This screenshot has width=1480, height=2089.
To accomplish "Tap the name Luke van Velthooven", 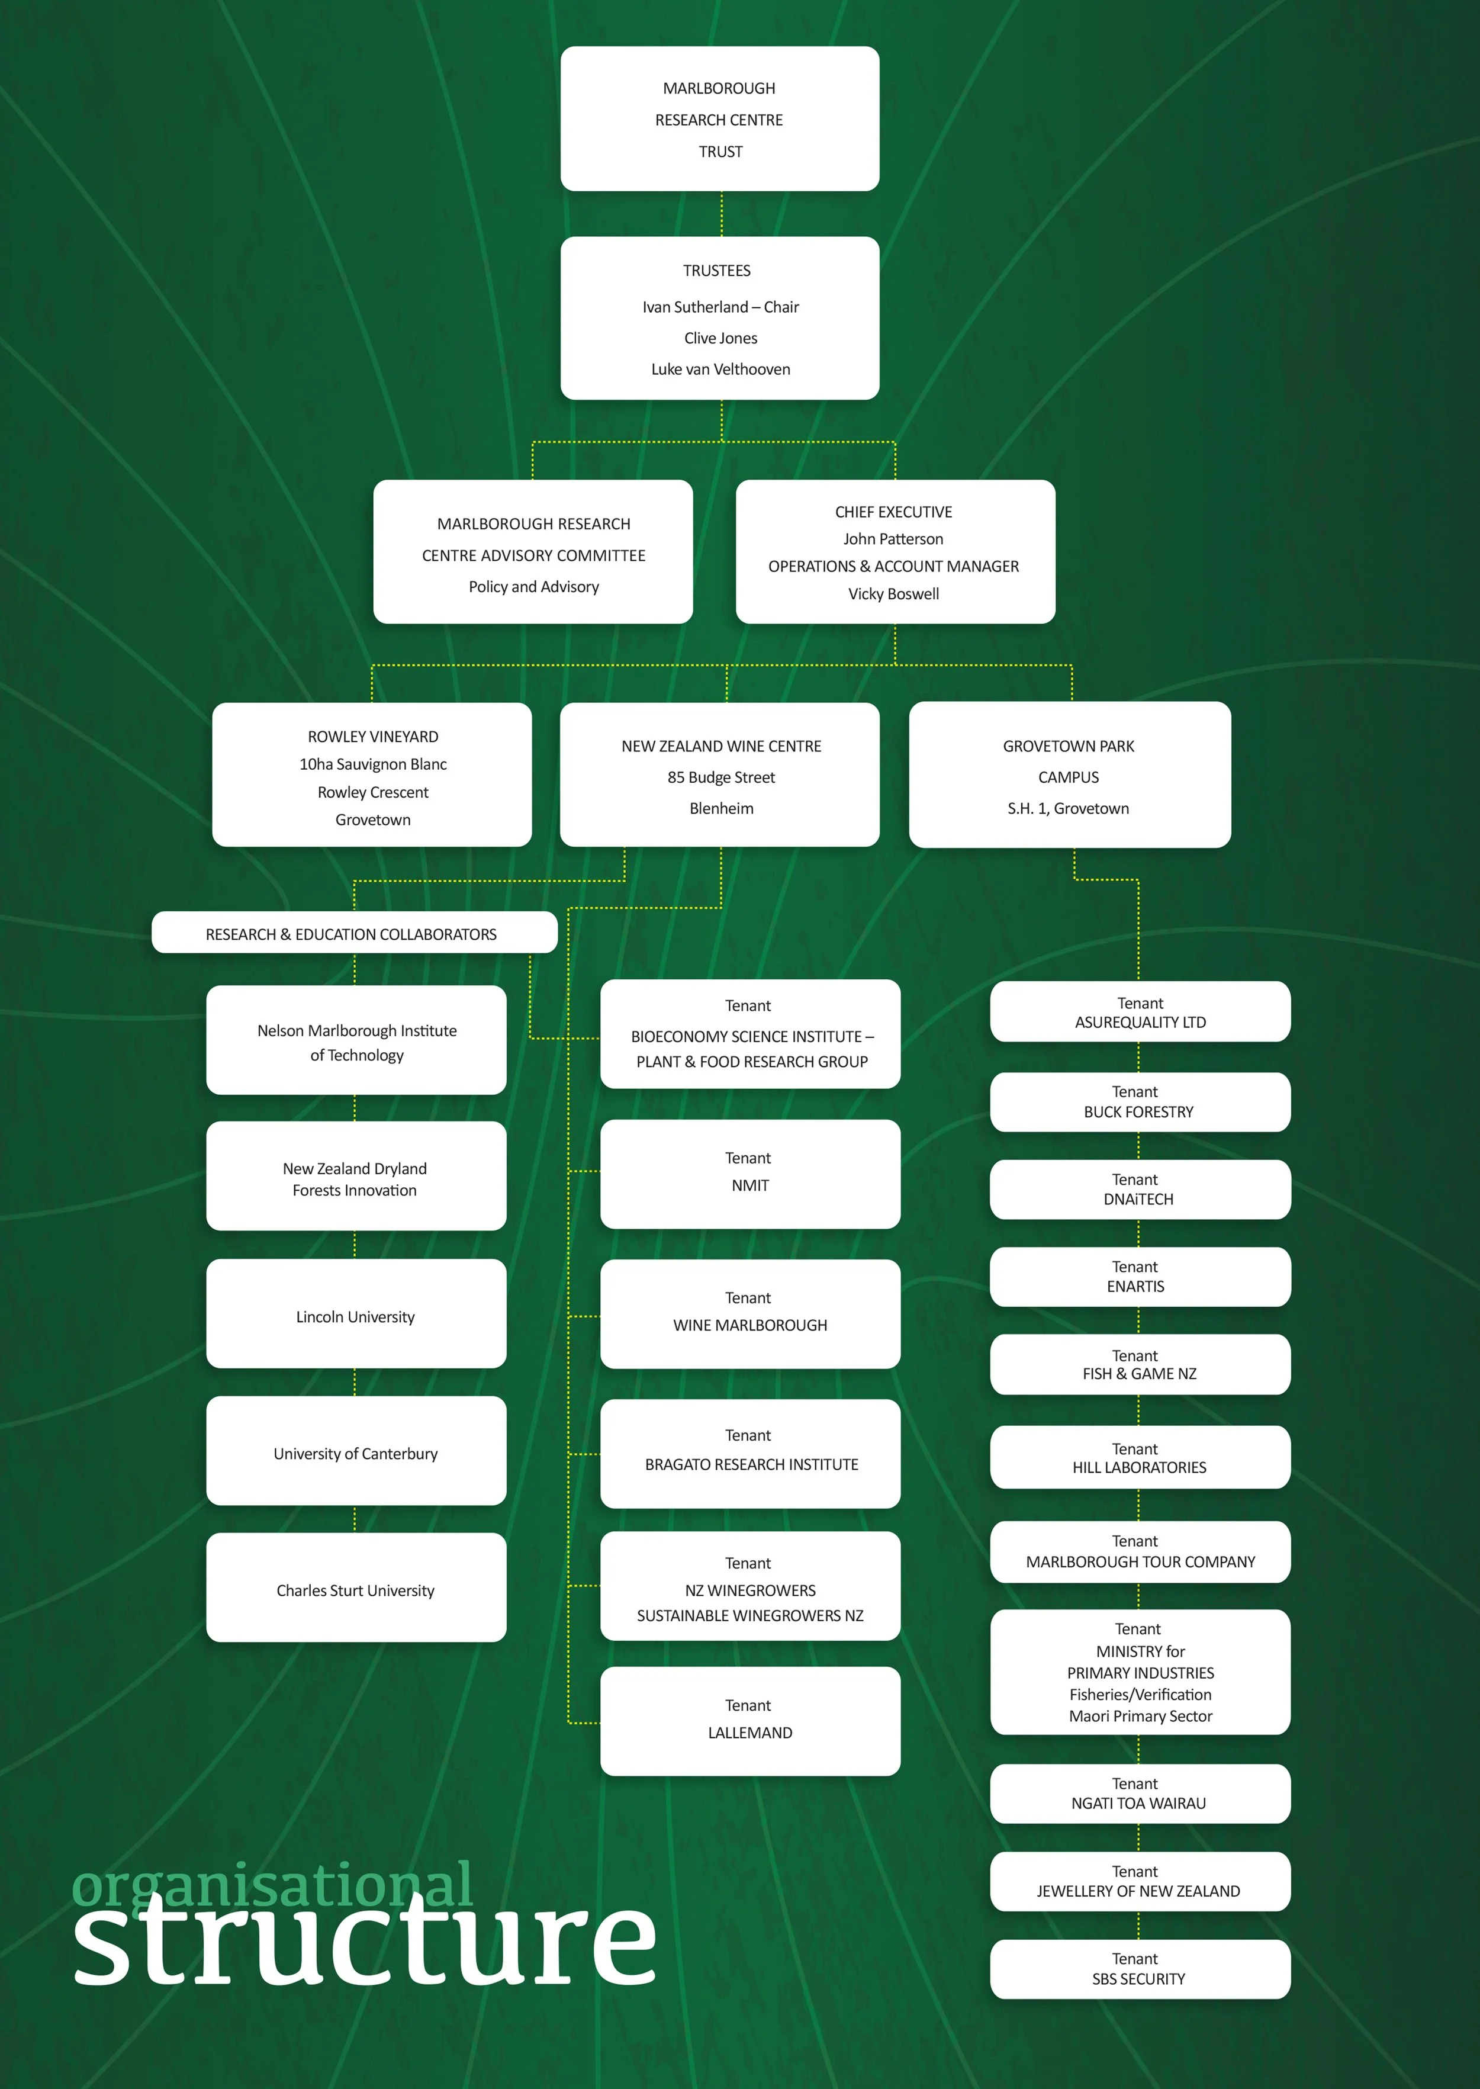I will (720, 369).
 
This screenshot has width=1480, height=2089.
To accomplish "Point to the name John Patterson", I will (893, 539).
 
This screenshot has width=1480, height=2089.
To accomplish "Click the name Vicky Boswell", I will (893, 593).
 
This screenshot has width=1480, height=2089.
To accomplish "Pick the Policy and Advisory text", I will (533, 586).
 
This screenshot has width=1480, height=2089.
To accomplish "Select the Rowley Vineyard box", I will (372, 774).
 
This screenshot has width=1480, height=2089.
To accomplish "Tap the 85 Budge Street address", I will (721, 777).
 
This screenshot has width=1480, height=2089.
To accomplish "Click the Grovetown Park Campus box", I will (1069, 774).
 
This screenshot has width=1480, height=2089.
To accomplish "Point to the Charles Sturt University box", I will (355, 1587).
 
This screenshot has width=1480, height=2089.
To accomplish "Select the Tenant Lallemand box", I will (750, 1721).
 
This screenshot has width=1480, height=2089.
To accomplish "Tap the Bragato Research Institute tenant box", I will (750, 1453).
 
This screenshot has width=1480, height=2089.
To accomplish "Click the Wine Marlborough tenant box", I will (750, 1313).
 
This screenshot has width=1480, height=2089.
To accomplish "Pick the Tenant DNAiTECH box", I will (1139, 1190).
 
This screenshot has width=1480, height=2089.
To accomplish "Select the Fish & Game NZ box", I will (1139, 1364).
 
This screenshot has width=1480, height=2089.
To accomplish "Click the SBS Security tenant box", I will (1139, 1969).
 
